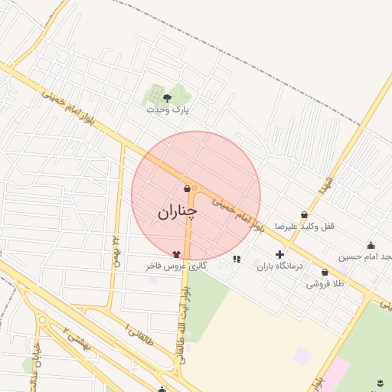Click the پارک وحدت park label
(x=168, y=109)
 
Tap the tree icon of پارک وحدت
(x=168, y=97)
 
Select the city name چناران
(x=178, y=212)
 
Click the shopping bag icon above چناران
(x=188, y=189)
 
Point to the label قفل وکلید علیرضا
(x=305, y=227)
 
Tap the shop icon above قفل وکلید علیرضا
(x=305, y=215)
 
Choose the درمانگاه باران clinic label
(x=279, y=266)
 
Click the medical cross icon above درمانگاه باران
(x=279, y=254)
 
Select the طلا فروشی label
(x=325, y=283)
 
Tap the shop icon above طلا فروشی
(x=325, y=272)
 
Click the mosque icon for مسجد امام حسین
(x=371, y=245)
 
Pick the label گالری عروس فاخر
(x=177, y=266)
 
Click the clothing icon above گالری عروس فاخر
(x=177, y=254)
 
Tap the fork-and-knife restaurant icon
(x=237, y=259)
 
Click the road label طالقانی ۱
(x=138, y=334)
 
